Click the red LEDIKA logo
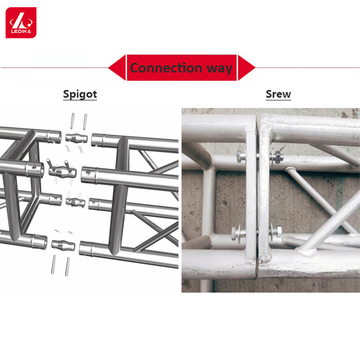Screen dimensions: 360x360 (x=21, y=22)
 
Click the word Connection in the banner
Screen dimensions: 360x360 (x=166, y=68)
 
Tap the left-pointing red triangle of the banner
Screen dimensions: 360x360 (x=117, y=67)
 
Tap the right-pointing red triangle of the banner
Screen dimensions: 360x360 (x=247, y=67)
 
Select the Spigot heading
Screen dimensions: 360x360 (x=80, y=94)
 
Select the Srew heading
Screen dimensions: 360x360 (x=278, y=94)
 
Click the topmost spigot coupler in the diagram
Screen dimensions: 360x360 (x=76, y=138)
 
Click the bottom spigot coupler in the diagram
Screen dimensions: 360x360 (x=63, y=245)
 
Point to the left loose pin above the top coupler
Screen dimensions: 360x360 (x=73, y=121)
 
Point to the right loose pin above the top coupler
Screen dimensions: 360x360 (x=85, y=121)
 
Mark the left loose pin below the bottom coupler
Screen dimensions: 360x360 (x=53, y=265)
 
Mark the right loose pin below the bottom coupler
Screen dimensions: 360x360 (x=67, y=266)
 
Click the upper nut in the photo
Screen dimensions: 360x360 (x=278, y=157)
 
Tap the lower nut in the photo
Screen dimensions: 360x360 (x=278, y=232)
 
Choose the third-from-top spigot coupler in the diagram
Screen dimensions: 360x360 (x=76, y=202)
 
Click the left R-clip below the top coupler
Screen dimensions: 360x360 (x=67, y=148)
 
